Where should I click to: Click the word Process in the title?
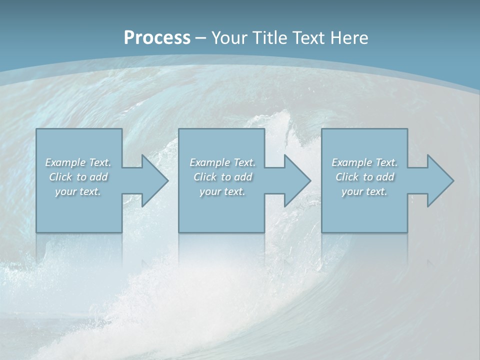(157, 37)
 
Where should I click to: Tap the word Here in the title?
(348, 37)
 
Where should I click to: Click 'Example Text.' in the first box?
(78, 162)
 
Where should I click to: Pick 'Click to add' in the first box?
(78, 177)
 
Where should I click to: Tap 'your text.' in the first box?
(78, 191)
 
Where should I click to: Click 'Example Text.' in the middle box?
(222, 162)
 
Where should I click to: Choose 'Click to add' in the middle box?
(222, 177)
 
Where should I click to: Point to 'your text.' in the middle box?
(222, 191)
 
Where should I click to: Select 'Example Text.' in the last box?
(364, 162)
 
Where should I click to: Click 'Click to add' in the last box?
(365, 177)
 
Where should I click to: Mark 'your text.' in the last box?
(364, 191)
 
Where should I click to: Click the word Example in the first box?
(65, 162)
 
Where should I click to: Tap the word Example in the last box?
(352, 162)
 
